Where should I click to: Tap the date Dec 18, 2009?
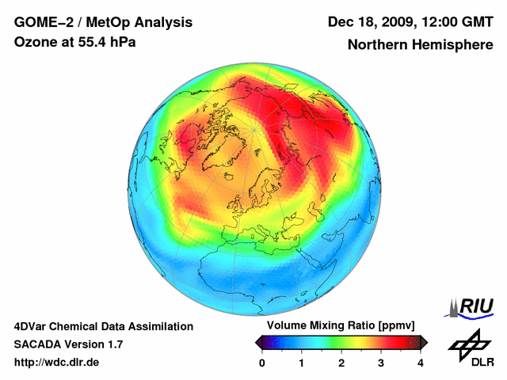[x=370, y=22]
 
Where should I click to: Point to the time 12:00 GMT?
[x=458, y=22]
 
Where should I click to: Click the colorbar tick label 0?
[x=262, y=363]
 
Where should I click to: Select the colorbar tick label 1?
[x=302, y=363]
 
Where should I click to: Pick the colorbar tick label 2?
[x=341, y=363]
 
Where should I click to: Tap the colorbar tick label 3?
[x=381, y=363]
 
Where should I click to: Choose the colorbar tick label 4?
[x=421, y=363]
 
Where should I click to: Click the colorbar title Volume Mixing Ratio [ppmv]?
[x=341, y=326]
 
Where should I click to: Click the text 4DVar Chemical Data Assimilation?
[x=104, y=326]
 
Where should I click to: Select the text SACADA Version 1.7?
[x=68, y=344]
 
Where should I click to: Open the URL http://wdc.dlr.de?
[x=56, y=363]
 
